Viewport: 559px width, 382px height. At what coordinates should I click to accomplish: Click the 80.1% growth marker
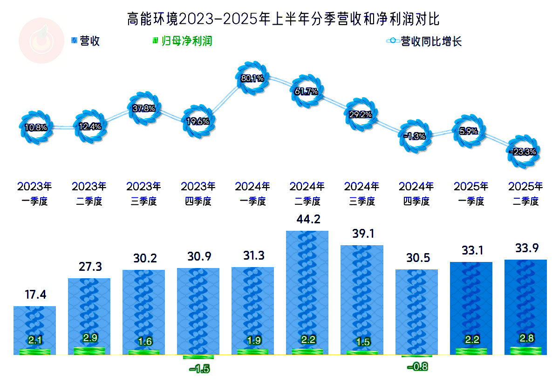pos(252,78)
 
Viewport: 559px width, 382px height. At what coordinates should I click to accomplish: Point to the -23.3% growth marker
pos(523,151)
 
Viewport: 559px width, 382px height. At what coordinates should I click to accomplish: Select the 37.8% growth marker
pos(143,108)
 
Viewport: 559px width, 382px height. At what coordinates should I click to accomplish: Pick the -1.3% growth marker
pos(415,136)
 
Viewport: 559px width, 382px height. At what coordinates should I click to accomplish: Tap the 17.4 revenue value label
pos(35,295)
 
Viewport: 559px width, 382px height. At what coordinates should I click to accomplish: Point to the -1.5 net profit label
pos(199,369)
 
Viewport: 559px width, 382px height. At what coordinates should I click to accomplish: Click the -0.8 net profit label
pos(417,367)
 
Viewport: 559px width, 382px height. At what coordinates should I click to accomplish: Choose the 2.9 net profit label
pos(89,338)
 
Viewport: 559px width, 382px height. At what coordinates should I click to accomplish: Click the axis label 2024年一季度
pos(252,194)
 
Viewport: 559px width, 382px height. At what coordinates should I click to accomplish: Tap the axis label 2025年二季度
pos(525,194)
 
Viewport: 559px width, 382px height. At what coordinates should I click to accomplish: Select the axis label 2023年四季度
pos(198,194)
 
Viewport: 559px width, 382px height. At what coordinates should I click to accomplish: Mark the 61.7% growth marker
pos(307,91)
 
